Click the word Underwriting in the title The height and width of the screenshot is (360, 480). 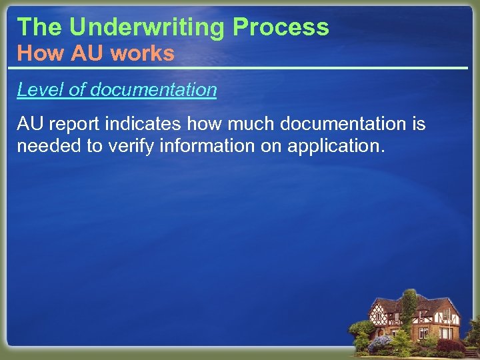pyautogui.click(x=147, y=27)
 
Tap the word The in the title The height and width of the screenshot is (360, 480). pyautogui.click(x=40, y=27)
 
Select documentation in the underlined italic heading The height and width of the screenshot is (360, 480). pyautogui.click(x=152, y=89)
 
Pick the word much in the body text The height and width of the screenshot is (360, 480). pyautogui.click(x=253, y=124)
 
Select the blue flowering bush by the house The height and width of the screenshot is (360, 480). pyautogui.click(x=381, y=343)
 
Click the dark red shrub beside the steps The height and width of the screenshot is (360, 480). pyautogui.click(x=451, y=345)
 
